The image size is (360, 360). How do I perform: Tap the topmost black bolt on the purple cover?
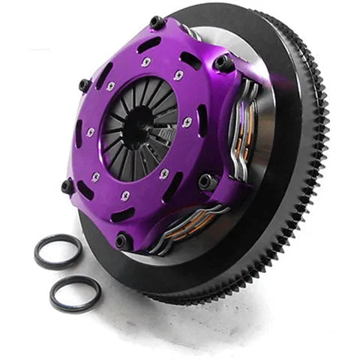157,23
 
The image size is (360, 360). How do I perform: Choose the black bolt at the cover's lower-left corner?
68,184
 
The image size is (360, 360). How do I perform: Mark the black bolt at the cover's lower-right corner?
208,182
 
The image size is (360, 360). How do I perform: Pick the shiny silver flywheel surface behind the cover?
247,45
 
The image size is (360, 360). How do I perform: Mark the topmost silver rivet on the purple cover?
145,62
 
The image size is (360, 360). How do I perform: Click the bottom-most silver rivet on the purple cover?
126,196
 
